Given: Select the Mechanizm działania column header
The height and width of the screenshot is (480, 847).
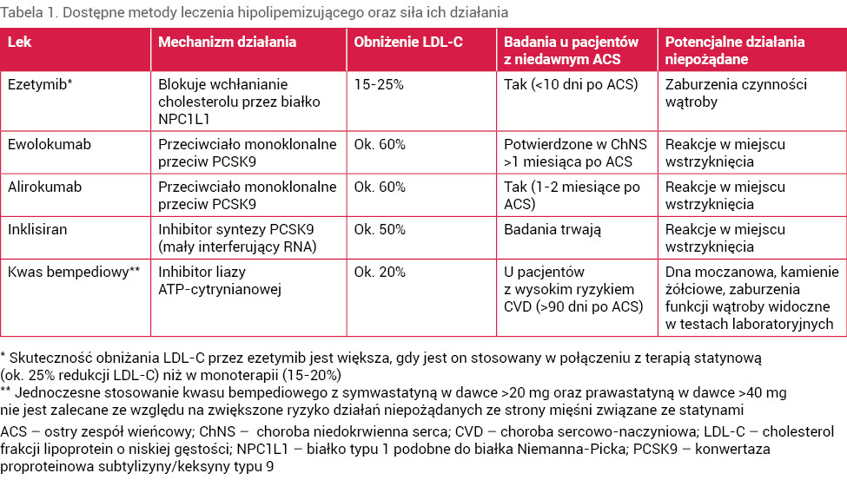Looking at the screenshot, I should pos(227,42).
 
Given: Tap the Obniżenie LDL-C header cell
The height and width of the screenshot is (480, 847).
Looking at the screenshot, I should pos(402,42).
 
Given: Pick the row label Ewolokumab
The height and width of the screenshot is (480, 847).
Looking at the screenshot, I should pos(49,144).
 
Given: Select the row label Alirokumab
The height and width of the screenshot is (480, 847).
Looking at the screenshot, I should pos(45,187).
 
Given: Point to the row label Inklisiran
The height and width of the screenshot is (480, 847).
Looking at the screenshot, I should pos(40,229).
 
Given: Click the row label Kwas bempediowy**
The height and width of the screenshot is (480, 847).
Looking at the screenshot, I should pos(73,272).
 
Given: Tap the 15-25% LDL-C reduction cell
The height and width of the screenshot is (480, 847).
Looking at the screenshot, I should pos(380,85).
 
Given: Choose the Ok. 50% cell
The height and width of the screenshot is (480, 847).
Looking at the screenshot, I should pos(380,229).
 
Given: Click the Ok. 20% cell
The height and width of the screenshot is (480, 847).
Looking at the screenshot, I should pos(380,272).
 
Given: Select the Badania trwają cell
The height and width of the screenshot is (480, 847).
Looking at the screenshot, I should pos(553,229).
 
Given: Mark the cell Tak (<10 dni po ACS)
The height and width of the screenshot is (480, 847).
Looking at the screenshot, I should pos(571,85).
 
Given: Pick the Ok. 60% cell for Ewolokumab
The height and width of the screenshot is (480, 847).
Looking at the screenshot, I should pos(380,144).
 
